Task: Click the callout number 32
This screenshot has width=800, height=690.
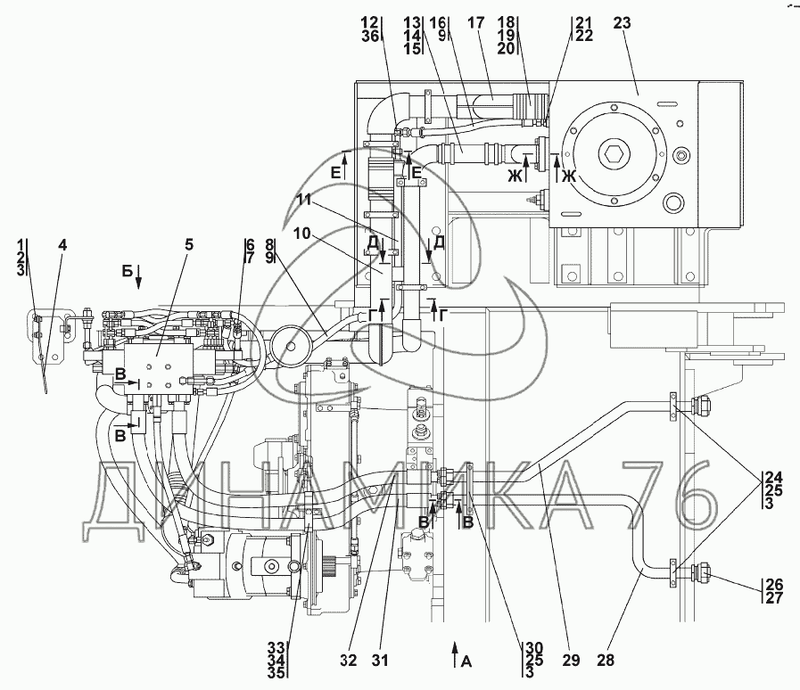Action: pos(350,661)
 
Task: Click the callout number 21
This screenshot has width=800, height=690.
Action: pos(558,22)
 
